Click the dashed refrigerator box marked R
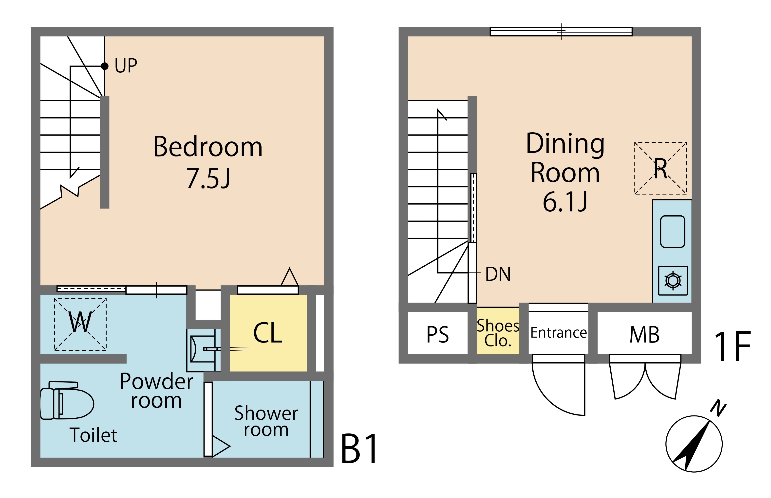660,168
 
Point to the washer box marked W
80,324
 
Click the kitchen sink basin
672,232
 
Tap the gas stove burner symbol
673,280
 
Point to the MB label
644,335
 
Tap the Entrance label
558,332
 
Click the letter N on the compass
718,408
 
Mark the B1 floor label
359,449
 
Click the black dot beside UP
105,66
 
